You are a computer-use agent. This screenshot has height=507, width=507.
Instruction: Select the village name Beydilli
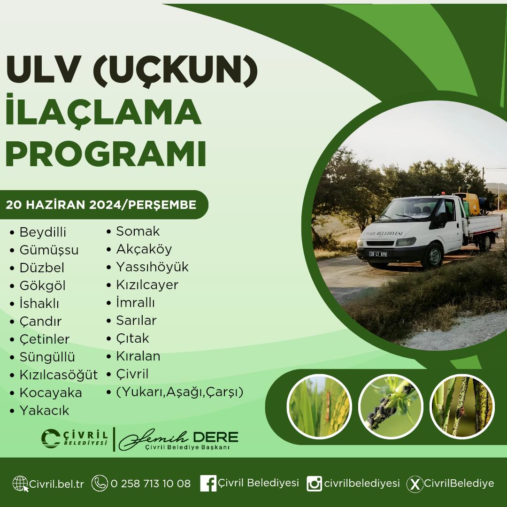43,232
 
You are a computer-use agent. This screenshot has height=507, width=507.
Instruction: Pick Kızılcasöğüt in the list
59,375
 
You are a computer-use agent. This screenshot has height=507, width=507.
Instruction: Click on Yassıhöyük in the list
152,267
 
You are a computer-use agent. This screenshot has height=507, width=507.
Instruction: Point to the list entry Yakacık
44,410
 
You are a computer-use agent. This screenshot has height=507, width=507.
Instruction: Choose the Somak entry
138,231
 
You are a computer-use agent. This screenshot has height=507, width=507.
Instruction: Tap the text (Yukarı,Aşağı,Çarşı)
179,392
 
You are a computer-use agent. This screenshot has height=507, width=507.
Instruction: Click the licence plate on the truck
378,254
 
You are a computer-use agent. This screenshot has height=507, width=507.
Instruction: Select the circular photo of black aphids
391,407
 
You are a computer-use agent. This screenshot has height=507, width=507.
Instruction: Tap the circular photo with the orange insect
319,407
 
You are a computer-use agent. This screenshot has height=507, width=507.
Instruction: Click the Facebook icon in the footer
208,484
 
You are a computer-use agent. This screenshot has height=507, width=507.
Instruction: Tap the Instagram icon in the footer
314,484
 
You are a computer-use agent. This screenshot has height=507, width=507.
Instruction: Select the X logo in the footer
415,484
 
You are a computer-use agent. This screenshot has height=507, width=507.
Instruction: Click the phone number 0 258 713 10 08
151,484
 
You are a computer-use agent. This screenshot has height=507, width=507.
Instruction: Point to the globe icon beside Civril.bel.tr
20,484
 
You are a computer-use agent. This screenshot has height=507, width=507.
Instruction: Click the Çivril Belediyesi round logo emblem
51,438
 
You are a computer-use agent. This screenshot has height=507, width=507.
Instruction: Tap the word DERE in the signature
215,437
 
